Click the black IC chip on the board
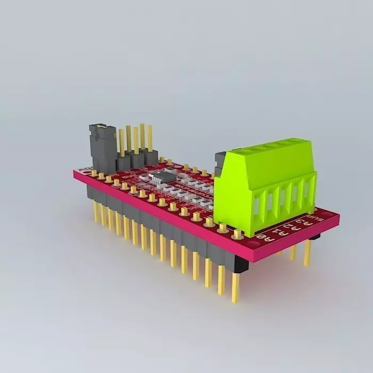tap(163, 177)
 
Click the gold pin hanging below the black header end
tap(235, 288)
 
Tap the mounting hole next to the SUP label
tap(333, 215)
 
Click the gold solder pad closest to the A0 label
tap(237, 233)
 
